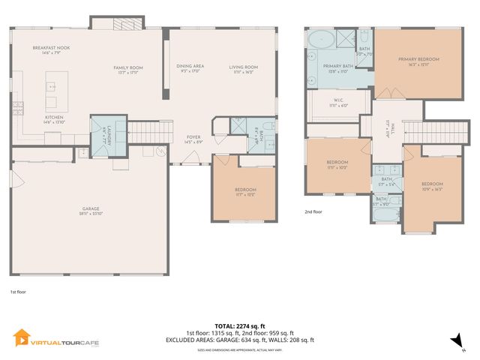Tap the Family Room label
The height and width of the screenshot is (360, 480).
pyautogui.click(x=128, y=68)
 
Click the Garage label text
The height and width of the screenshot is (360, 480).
pyautogui.click(x=90, y=208)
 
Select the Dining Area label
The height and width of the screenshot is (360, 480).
pyautogui.click(x=190, y=67)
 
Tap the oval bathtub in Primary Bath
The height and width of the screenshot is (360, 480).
pyautogui.click(x=322, y=40)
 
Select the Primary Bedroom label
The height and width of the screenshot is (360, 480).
pyautogui.click(x=418, y=59)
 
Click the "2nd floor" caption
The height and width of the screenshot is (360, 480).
pyautogui.click(x=314, y=212)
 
